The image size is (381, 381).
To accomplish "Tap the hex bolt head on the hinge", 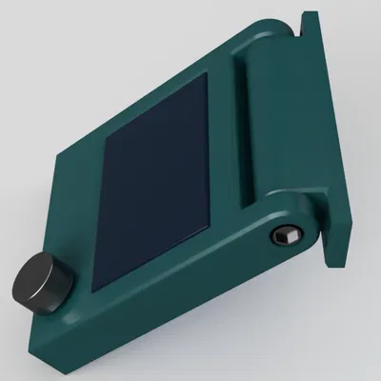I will tap(284, 235).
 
